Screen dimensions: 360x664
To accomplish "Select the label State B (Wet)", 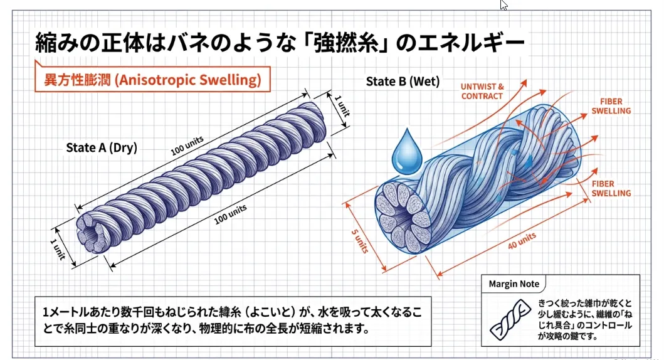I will point(403,82).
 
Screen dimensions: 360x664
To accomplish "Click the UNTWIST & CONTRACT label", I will point(482,91).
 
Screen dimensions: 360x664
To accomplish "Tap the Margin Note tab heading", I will point(514,283).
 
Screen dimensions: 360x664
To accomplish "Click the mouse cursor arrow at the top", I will point(503,5).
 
